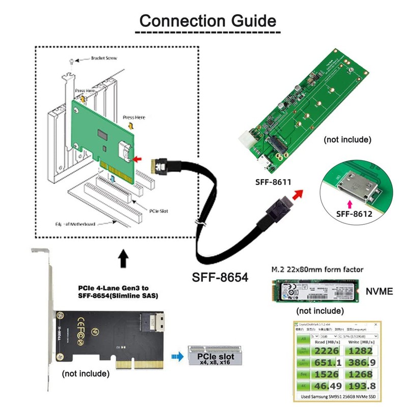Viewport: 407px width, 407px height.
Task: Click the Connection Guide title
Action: click(x=208, y=21)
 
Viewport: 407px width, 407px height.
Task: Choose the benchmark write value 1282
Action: click(x=360, y=351)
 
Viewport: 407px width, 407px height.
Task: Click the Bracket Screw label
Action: click(x=103, y=58)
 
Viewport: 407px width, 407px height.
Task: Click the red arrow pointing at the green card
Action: click(x=137, y=159)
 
